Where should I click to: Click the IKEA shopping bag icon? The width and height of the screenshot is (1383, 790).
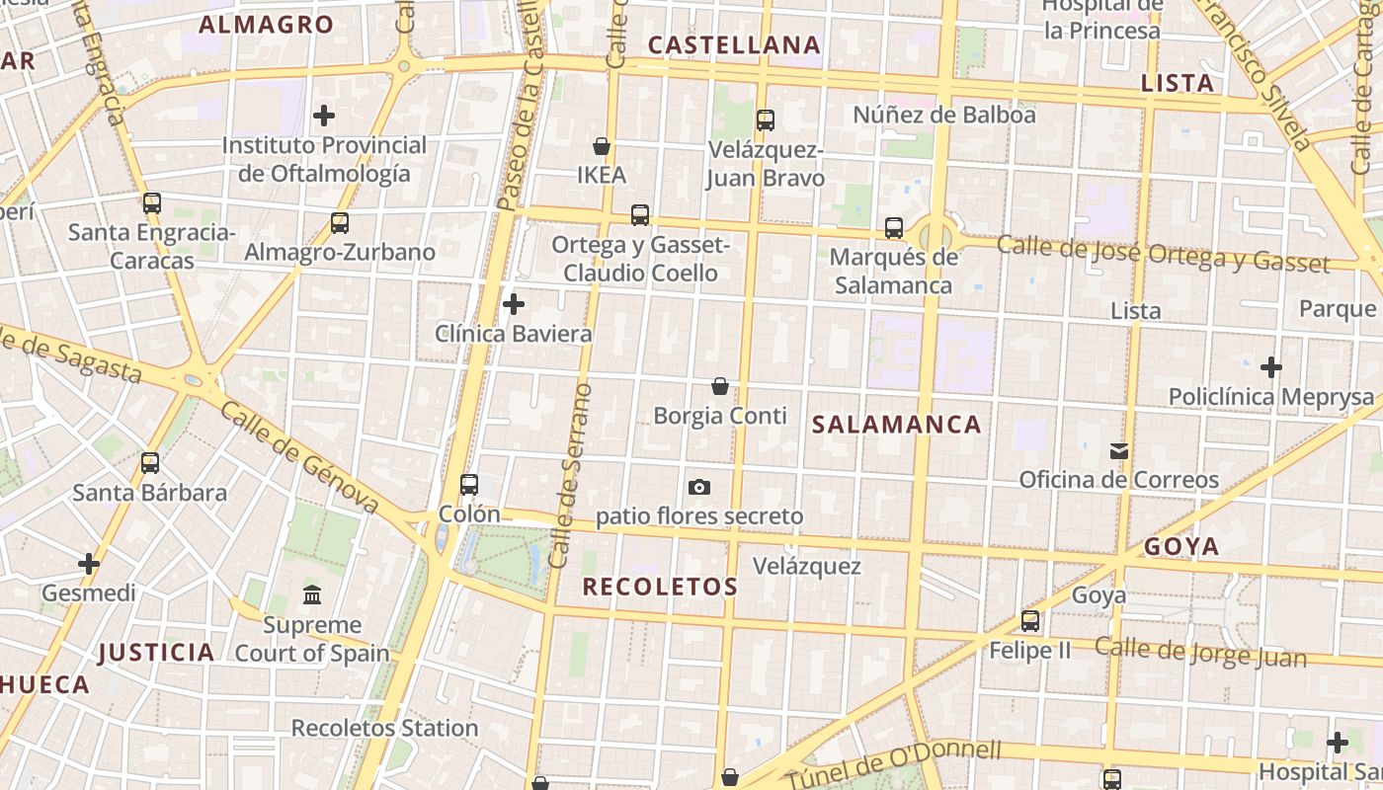coord(601,147)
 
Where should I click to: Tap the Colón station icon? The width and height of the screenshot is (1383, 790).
coord(469,485)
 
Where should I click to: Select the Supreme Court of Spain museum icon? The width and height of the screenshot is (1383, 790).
coord(312,594)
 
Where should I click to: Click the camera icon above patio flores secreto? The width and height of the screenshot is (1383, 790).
coord(699,487)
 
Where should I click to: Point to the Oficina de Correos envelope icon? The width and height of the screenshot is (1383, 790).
coord(1118,451)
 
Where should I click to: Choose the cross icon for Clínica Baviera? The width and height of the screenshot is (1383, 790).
coord(514,304)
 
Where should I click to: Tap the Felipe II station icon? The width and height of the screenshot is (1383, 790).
coord(1030,621)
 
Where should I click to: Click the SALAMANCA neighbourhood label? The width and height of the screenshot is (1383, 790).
coord(896,425)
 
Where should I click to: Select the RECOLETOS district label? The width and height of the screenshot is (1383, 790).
coord(660,587)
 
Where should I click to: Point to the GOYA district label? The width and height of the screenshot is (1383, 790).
coord(1181,547)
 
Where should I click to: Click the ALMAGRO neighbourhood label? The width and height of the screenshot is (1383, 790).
coord(267,25)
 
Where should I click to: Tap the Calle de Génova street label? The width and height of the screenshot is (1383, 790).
coord(299,457)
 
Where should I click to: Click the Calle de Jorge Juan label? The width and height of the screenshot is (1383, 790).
coord(1200,652)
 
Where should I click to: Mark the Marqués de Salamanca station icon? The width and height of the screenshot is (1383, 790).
coord(894,228)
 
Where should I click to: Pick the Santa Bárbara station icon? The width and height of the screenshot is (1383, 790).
coord(150,462)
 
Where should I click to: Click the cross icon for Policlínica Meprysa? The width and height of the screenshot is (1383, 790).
coord(1271,367)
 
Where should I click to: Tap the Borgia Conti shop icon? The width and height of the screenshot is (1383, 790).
coord(720,386)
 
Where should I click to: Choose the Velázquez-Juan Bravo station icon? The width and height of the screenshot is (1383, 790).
coord(766,120)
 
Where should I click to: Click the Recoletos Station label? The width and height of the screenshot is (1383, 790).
coord(384,729)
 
